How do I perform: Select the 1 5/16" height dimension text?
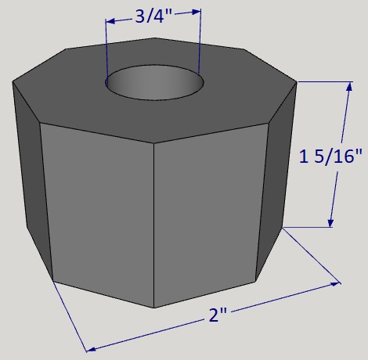tap(331, 157)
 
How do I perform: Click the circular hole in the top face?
tap(154, 82)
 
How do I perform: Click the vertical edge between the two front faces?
tap(153, 227)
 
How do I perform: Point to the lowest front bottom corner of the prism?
tap(153, 308)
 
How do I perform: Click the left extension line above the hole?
tap(106, 47)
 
